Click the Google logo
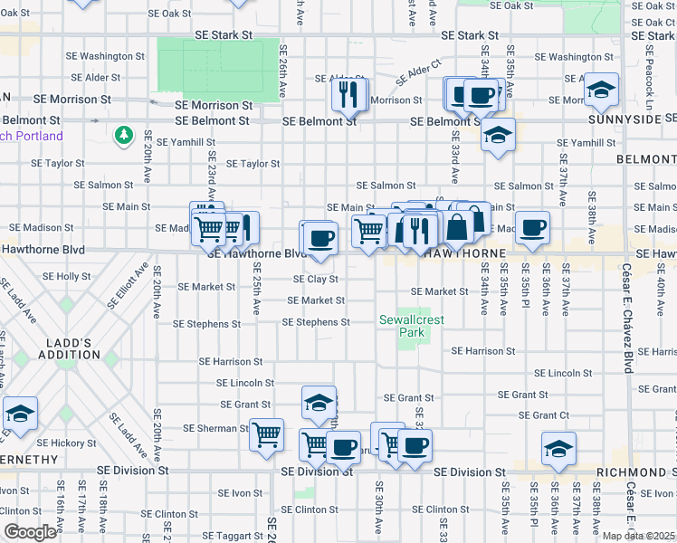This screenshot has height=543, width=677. (x=30, y=532)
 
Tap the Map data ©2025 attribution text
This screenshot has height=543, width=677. (x=638, y=536)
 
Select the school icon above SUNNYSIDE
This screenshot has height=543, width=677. (x=601, y=90)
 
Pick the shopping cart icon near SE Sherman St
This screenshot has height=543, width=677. (x=266, y=435)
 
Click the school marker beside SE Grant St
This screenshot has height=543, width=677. (x=319, y=403)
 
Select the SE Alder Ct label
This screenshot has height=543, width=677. (x=419, y=67)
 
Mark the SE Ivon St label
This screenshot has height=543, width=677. (x=234, y=492)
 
